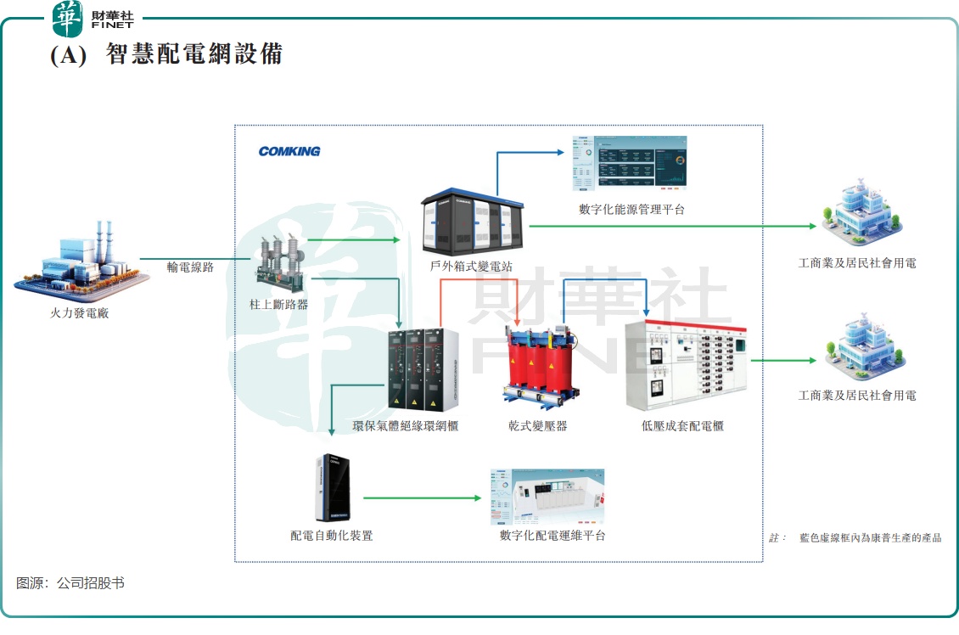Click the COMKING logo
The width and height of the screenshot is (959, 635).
click(x=289, y=151)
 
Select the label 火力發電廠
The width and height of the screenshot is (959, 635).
click(x=80, y=313)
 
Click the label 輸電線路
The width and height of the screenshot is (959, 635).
click(x=190, y=267)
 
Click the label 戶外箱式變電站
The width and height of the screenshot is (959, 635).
click(x=471, y=266)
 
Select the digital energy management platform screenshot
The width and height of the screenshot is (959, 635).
click(x=628, y=162)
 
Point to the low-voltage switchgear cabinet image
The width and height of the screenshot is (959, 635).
click(x=687, y=366)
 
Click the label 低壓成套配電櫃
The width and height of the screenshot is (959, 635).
click(x=682, y=425)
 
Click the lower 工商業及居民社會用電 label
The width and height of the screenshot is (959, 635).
click(x=857, y=396)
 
